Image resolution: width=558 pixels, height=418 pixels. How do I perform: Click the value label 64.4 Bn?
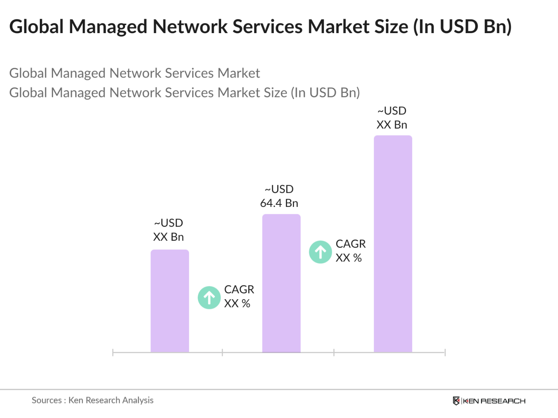[x=279, y=203]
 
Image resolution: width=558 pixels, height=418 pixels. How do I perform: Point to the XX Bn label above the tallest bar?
[x=391, y=125]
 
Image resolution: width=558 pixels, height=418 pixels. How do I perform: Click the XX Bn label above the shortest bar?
[x=168, y=237]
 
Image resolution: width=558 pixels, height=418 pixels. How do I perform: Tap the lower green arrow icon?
[x=209, y=298]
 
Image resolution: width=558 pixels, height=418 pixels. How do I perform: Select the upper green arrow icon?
[x=321, y=252]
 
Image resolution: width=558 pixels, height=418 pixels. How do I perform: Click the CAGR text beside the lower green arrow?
[x=239, y=289]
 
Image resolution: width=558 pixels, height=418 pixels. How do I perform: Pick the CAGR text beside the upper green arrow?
[x=351, y=244]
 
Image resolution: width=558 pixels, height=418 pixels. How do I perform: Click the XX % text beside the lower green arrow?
[x=237, y=303]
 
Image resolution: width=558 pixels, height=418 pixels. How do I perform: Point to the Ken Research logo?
[x=489, y=401]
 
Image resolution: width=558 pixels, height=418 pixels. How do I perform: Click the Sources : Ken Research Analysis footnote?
[x=92, y=400]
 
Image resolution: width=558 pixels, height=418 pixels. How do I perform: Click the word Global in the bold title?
[x=36, y=27]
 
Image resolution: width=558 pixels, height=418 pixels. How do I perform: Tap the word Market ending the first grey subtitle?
[x=239, y=73]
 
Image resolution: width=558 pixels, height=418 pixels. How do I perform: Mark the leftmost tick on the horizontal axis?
[x=113, y=353]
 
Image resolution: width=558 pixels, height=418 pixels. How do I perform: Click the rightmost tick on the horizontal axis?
[x=445, y=353]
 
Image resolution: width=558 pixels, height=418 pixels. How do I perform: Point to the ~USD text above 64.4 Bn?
[x=279, y=189]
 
